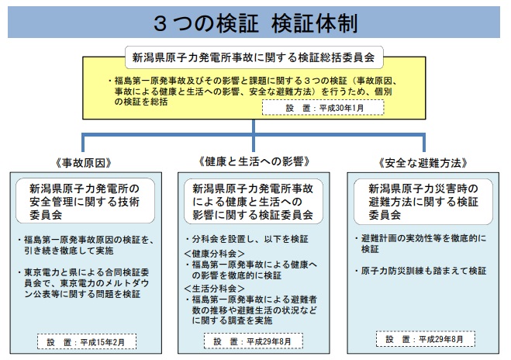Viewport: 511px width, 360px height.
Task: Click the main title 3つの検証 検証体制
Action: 256,23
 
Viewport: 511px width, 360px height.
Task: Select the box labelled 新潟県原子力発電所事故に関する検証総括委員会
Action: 254,57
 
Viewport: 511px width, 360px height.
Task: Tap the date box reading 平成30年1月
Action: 323,108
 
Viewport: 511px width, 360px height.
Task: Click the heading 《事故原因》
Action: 84,163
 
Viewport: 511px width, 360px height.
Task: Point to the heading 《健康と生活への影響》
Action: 254,161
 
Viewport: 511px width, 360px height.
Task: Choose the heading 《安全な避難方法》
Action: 423,163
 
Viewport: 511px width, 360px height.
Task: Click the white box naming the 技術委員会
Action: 85,201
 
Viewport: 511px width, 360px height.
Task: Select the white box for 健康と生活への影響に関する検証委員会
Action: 254,201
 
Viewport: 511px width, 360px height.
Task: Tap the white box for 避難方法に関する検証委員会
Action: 423,201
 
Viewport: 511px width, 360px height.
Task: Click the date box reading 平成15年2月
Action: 87,341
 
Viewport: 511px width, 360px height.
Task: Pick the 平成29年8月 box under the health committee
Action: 254,341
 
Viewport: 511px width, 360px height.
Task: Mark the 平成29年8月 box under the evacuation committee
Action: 425,339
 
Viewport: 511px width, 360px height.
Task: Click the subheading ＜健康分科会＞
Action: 214,254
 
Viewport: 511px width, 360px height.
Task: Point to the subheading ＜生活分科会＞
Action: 214,289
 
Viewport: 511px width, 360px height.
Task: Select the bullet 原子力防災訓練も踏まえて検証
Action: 421,271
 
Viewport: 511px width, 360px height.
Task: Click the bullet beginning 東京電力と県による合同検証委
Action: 84,283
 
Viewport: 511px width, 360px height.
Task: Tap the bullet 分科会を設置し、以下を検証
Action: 247,239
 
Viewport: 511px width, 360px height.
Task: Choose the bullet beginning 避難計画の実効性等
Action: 421,244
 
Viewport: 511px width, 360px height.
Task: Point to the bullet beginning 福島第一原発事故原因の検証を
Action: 86,245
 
